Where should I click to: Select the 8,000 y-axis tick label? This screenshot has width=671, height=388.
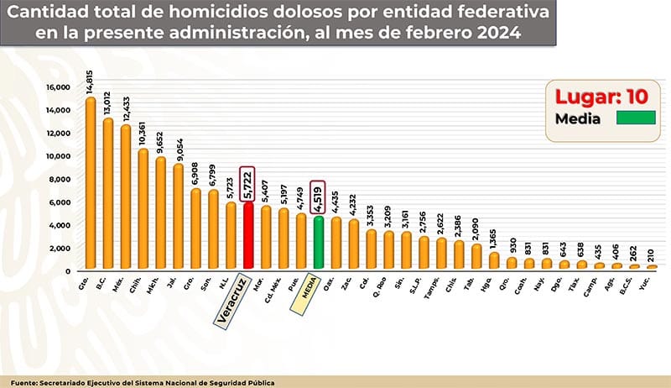coord(60,179)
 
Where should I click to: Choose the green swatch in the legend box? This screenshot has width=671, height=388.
coord(636,118)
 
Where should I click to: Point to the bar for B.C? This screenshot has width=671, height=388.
coord(108,194)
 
